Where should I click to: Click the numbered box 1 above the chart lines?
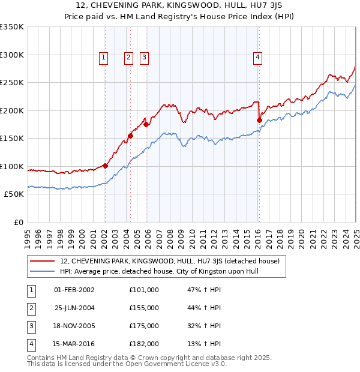(x=104, y=58)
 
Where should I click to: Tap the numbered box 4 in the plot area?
(x=257, y=58)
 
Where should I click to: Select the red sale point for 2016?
(x=259, y=120)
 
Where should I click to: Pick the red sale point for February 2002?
(x=105, y=166)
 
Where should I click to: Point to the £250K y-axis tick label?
(x=12, y=83)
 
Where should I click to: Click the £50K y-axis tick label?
(x=14, y=194)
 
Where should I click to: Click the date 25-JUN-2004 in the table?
(x=74, y=308)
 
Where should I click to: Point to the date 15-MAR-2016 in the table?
(x=74, y=344)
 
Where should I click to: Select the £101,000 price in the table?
(x=144, y=290)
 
